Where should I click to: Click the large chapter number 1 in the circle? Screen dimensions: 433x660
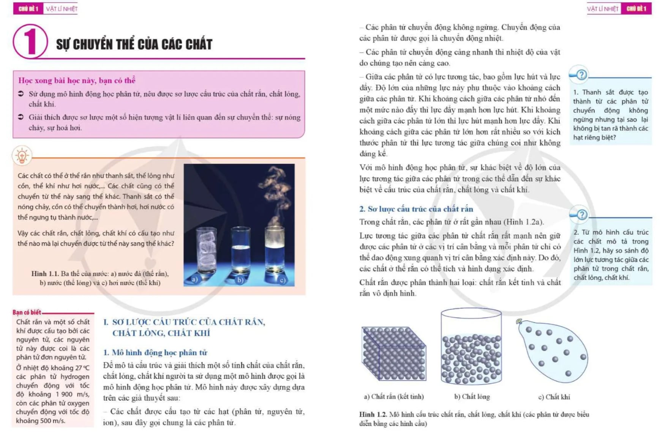click(30, 42)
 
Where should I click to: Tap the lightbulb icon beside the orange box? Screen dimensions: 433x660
click(22, 156)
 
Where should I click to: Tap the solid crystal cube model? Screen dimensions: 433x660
click(394, 353)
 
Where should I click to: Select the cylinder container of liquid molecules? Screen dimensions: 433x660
click(471, 348)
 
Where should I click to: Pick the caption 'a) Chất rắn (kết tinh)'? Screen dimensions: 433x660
click(394, 397)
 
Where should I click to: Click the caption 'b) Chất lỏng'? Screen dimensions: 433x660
click(472, 397)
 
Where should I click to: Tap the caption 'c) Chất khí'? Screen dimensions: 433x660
click(554, 397)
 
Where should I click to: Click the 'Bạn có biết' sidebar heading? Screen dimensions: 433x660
click(27, 312)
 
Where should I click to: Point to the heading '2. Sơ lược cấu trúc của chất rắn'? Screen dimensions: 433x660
click(416, 209)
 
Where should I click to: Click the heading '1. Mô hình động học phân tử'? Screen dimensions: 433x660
click(155, 352)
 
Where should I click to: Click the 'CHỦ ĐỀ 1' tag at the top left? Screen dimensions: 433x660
click(28, 9)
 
